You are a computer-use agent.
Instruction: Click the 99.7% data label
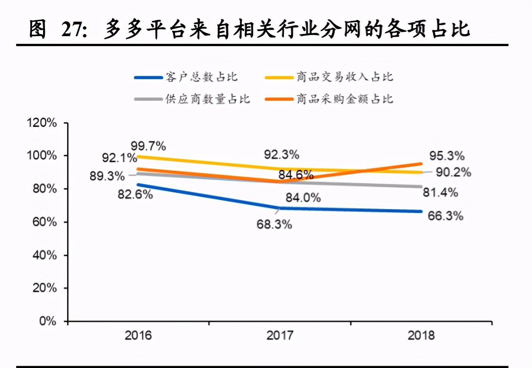(x=148, y=146)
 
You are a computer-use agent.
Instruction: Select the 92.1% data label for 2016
(x=119, y=158)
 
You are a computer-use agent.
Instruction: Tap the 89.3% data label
(x=107, y=176)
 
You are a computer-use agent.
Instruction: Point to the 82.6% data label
(x=135, y=194)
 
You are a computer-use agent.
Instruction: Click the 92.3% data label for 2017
(x=281, y=154)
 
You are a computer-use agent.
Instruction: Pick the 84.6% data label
(x=296, y=175)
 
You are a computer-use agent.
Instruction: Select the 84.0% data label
(x=303, y=197)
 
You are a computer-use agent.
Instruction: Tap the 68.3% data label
(x=274, y=224)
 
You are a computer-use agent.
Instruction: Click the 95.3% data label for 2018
(x=447, y=156)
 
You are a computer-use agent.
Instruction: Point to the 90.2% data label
(x=453, y=172)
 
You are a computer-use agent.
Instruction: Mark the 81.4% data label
(x=440, y=192)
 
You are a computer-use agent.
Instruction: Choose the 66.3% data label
(x=445, y=216)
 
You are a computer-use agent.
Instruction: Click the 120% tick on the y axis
(x=42, y=123)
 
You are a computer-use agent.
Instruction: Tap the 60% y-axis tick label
(x=45, y=222)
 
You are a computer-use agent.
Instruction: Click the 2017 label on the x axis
(x=280, y=335)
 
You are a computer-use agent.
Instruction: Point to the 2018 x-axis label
(x=421, y=335)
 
